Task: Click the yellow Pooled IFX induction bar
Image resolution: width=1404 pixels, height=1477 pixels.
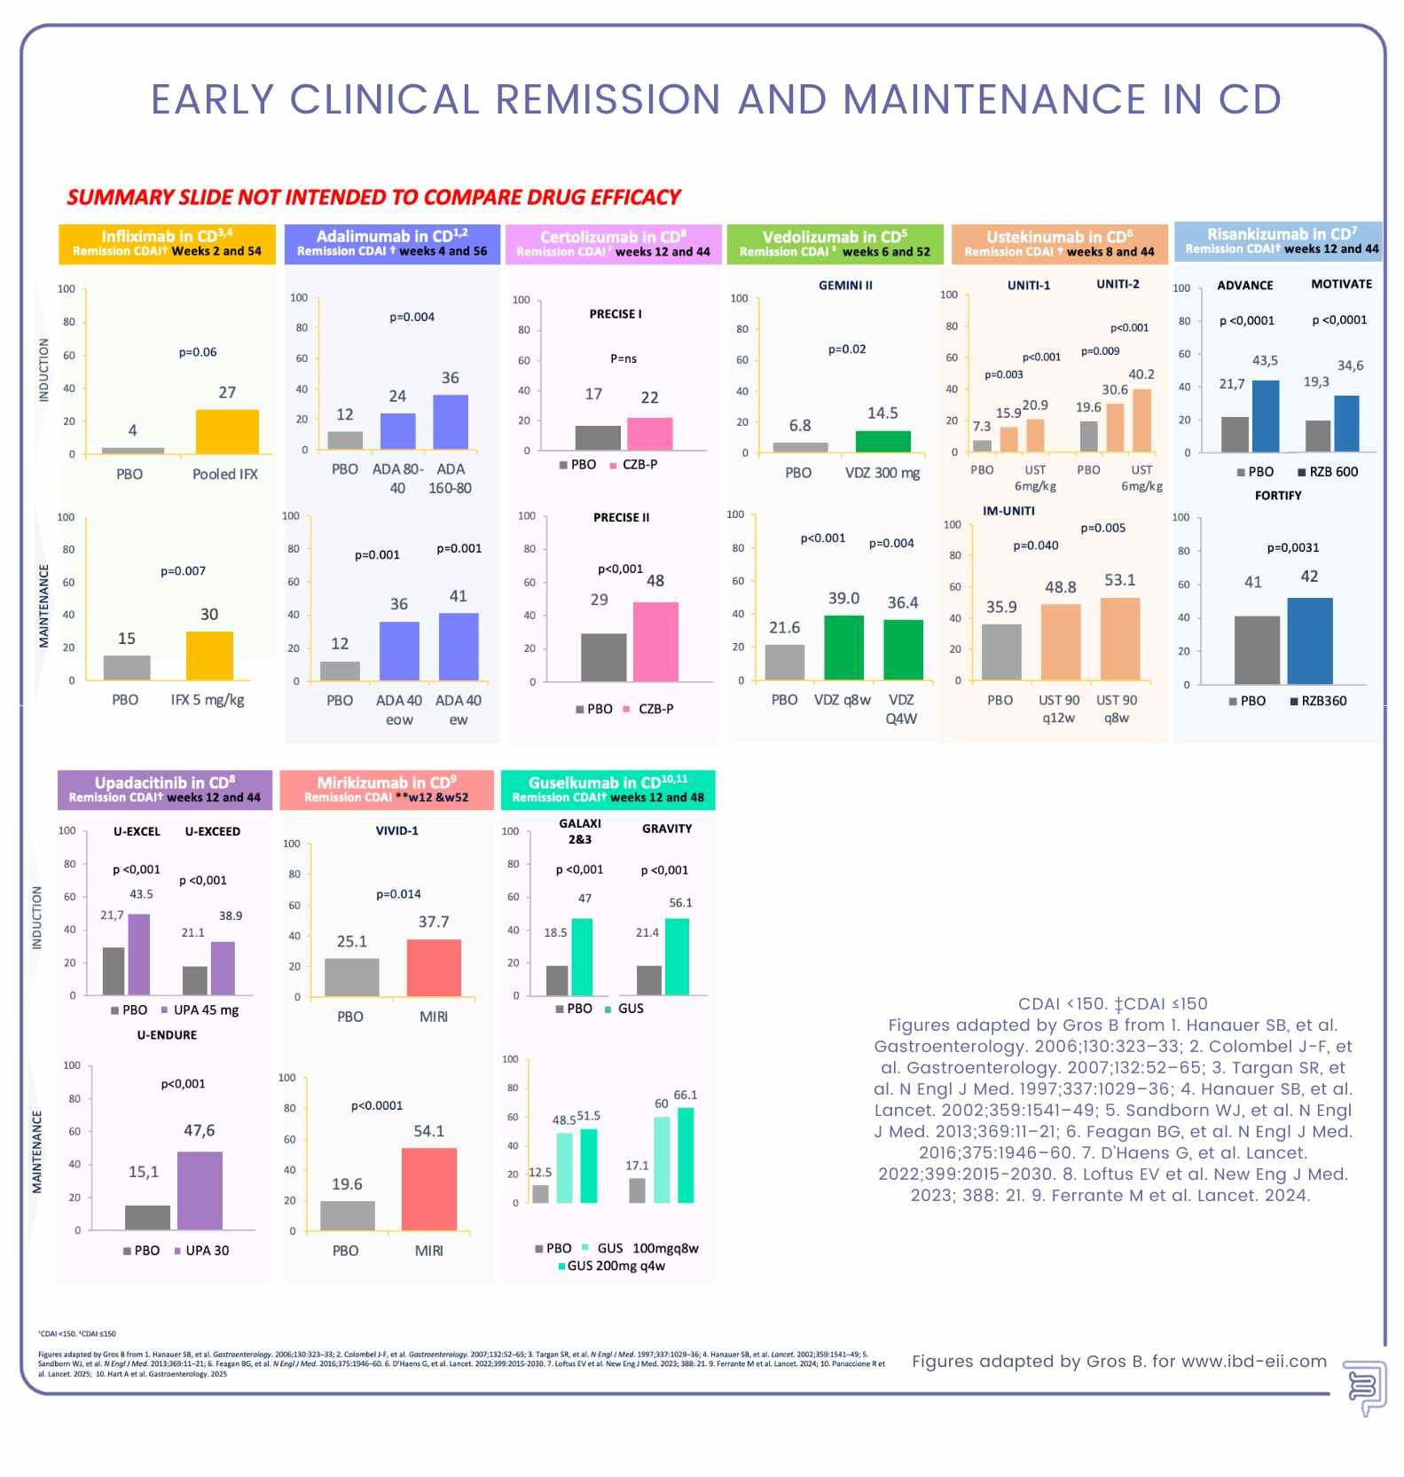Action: [x=227, y=432]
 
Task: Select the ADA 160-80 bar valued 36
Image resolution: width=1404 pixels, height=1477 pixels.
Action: [x=451, y=422]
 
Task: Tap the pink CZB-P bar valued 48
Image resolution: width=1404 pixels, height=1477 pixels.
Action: [x=655, y=641]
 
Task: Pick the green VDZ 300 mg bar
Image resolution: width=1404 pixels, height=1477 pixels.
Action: [x=882, y=442]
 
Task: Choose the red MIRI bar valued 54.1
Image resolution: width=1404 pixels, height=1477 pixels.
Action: [x=429, y=1189]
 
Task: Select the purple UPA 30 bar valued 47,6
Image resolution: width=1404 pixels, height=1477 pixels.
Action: [x=200, y=1190]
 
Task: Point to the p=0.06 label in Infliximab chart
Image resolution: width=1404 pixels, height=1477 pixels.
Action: [x=198, y=352]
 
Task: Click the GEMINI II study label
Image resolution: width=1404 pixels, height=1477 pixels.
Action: [x=845, y=286]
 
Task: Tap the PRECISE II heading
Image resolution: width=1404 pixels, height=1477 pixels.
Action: [x=621, y=517]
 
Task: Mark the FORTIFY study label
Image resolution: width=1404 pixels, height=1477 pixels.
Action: [x=1278, y=495]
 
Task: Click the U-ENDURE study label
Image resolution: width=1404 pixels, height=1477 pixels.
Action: [x=167, y=1034]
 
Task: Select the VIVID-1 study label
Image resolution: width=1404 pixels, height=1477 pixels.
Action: [x=396, y=830]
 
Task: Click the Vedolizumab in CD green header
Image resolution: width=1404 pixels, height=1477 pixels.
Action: [x=835, y=244]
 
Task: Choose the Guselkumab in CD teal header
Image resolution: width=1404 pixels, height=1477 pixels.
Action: [x=608, y=790]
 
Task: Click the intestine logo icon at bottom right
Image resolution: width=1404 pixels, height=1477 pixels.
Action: [x=1364, y=1388]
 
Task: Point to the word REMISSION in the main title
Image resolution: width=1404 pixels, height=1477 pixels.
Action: [x=608, y=99]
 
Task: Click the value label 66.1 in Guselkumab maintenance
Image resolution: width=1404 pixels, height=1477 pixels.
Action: [x=686, y=1096]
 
